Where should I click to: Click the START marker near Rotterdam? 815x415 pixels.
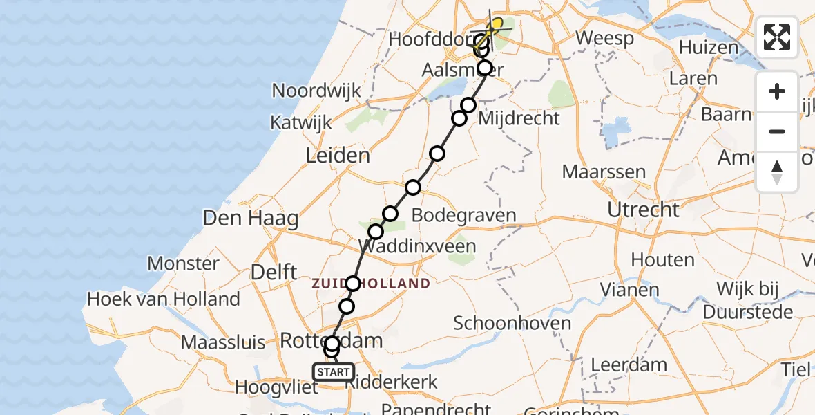334,372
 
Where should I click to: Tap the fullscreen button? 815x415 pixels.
777,37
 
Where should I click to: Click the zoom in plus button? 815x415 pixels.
777,91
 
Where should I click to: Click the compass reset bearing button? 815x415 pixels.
777,172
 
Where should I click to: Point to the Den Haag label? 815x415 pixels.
250,219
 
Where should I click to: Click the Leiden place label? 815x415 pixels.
338,156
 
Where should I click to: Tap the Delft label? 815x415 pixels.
274,272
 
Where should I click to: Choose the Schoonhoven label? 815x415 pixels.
512,323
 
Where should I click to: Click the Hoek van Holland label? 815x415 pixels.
163,299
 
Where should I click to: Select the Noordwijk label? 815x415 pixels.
316,91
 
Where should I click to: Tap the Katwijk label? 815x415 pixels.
300,123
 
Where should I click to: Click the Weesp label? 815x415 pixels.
604,38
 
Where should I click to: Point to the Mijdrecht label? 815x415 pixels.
517,118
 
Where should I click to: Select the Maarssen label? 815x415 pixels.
604,172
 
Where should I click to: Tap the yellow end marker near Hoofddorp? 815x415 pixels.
495,24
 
